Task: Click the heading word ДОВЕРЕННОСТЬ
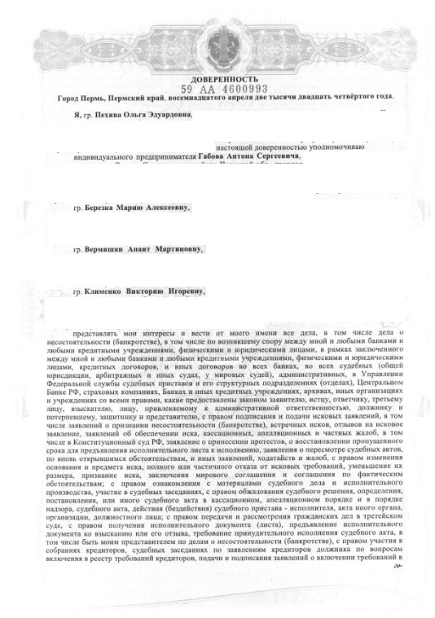pyautogui.click(x=218, y=77)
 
